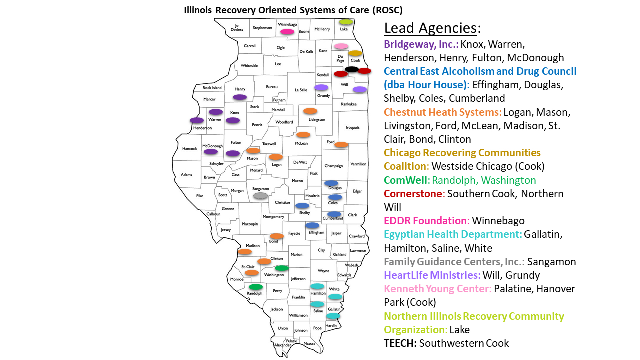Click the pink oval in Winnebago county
click(287, 32)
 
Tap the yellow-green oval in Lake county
click(345, 22)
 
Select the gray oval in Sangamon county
click(260, 196)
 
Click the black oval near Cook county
click(352, 69)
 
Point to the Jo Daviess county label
click(237, 27)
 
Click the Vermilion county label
click(358, 164)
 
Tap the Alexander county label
click(282, 345)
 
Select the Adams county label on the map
click(186, 175)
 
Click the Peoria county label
click(257, 125)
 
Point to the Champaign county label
click(333, 166)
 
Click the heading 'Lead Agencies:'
click(432, 28)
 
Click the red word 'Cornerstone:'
click(414, 193)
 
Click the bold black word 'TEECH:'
click(401, 343)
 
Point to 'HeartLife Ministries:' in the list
click(432, 275)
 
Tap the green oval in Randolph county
click(256, 287)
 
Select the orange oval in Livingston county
click(310, 111)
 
